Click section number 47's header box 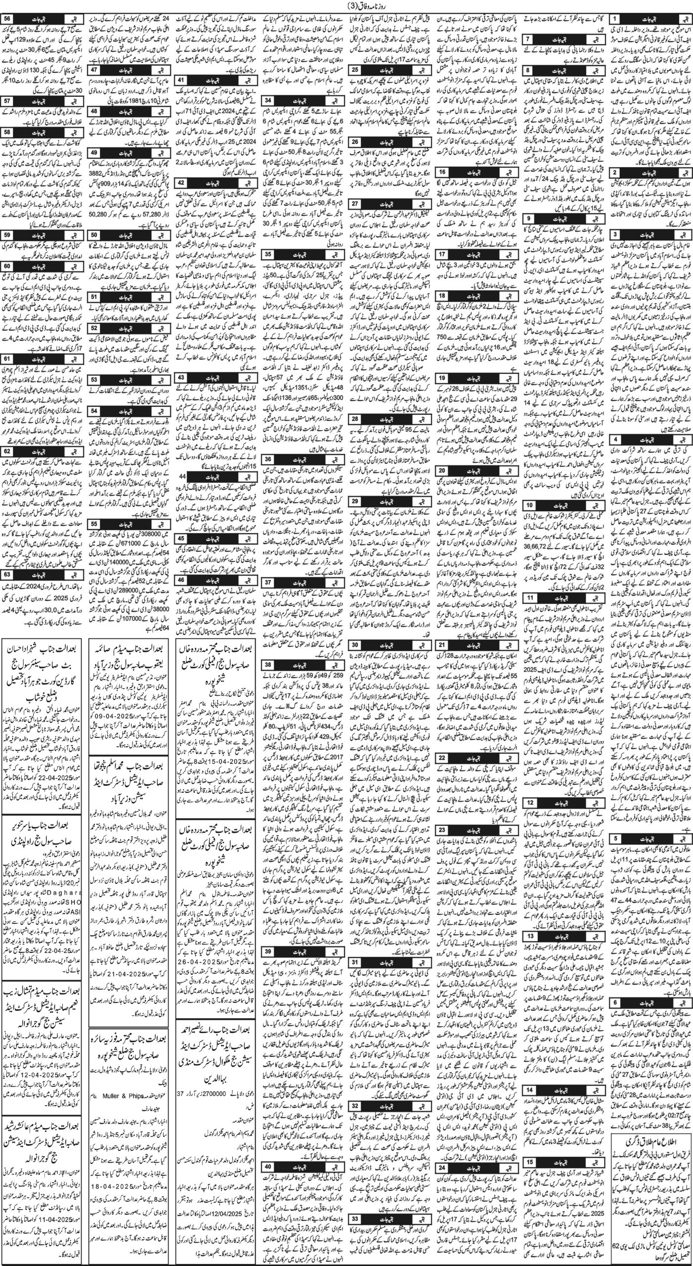click(95, 69)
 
